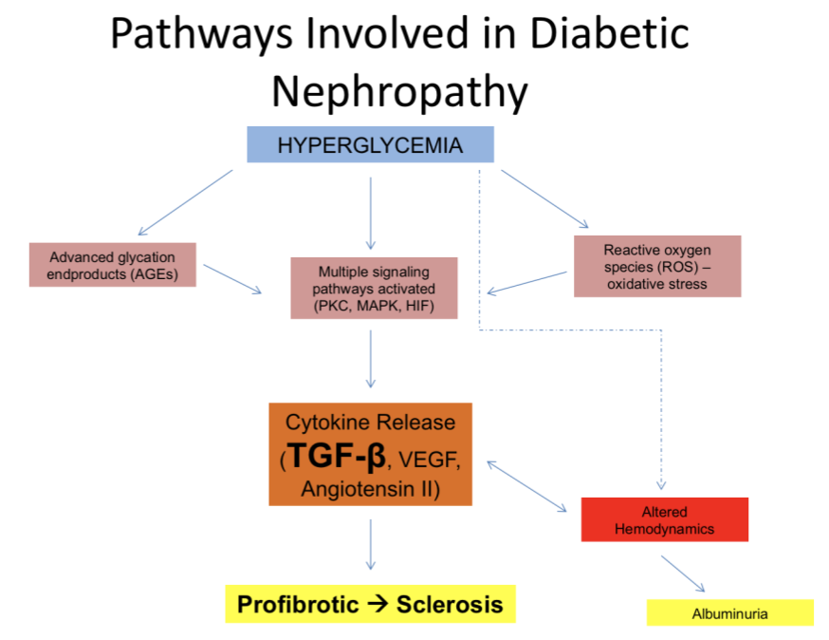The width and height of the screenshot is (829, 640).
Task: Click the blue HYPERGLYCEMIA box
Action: [370, 145]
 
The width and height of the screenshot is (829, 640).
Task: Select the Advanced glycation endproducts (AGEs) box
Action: [114, 265]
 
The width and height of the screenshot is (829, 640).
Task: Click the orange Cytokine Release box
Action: [370, 455]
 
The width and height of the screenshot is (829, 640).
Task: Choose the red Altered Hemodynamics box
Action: [664, 519]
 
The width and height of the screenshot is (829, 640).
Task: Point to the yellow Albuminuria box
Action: [729, 613]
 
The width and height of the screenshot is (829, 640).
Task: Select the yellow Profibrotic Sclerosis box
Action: [370, 604]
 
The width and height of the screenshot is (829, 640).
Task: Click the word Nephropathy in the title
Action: [398, 92]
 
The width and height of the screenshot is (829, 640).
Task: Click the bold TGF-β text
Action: [337, 456]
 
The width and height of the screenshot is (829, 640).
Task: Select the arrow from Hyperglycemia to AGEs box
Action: [185, 202]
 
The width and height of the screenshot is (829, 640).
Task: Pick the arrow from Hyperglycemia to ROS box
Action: [544, 199]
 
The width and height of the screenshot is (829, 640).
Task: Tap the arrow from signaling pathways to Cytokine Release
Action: [370, 358]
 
